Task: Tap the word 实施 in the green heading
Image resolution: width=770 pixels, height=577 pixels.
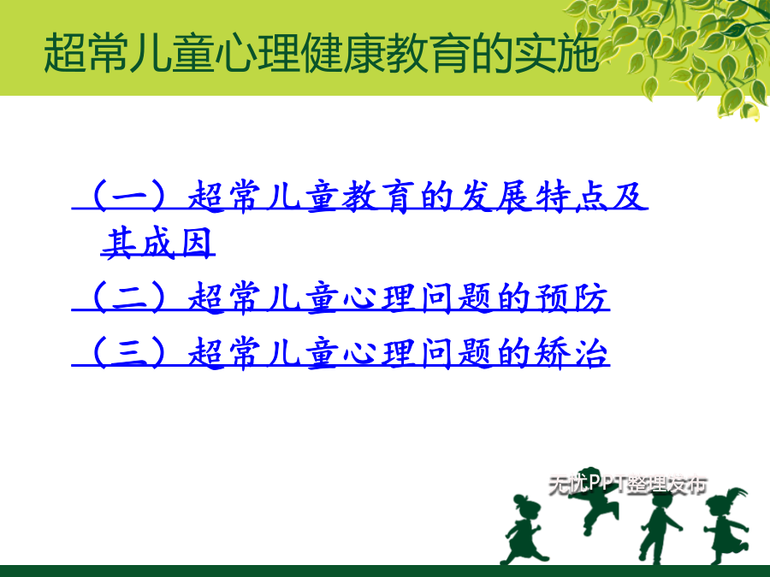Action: click(x=556, y=53)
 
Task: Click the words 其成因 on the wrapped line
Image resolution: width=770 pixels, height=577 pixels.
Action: click(x=157, y=243)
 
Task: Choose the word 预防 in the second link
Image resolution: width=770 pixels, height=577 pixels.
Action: click(x=571, y=297)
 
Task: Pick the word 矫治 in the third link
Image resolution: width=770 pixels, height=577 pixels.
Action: click(x=571, y=352)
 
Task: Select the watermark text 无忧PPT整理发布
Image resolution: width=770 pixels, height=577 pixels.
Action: click(x=628, y=485)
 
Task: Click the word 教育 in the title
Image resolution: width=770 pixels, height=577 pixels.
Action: click(x=429, y=53)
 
